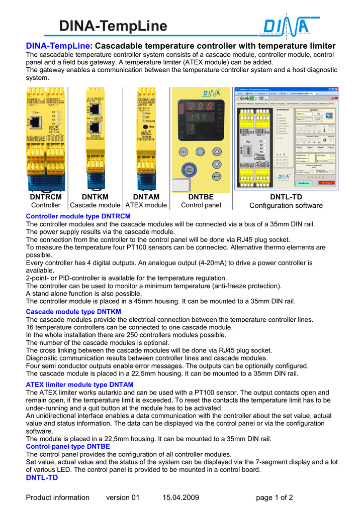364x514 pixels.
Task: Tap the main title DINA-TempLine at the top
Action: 113,26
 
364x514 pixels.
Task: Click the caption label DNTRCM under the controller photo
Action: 46,197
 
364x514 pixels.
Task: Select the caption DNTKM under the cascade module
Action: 95,197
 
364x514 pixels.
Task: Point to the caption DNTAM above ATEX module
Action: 146,197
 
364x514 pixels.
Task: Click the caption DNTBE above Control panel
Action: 201,197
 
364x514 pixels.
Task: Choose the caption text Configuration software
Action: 286,206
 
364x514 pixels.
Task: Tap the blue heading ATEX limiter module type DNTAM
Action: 79,384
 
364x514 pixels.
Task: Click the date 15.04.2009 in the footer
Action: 181,497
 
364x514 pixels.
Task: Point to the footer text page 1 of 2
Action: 275,497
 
